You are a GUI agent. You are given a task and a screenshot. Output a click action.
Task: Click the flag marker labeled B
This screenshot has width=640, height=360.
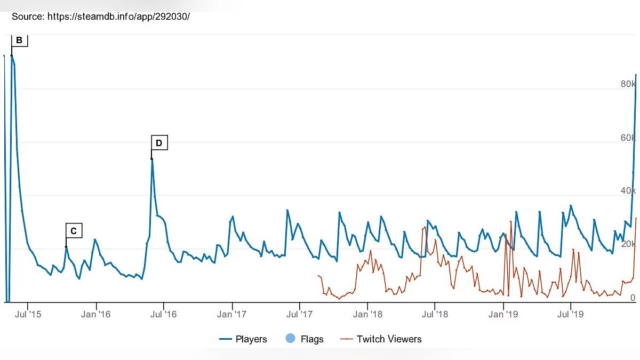19,41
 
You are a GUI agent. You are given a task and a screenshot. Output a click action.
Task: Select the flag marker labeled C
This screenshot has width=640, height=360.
74,231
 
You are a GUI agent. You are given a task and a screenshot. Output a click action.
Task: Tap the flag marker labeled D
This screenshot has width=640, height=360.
159,143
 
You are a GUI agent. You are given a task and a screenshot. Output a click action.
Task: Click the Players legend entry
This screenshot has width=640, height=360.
243,339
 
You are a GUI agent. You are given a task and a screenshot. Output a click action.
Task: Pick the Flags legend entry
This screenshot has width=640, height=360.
305,339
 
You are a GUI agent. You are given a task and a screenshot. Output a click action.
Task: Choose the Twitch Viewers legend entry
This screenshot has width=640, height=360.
382,339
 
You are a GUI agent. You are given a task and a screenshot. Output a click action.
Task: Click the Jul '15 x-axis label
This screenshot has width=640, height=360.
28,314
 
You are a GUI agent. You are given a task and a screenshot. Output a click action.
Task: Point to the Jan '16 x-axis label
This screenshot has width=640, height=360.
96,314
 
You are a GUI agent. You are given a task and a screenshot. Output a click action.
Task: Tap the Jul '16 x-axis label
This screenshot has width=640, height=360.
164,314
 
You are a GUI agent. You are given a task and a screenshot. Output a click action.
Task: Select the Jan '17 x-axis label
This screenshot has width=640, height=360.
233,314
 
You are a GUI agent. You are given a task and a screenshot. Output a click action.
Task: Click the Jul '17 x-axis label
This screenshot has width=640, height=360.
300,314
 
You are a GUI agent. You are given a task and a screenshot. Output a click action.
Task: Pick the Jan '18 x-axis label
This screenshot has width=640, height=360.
369,314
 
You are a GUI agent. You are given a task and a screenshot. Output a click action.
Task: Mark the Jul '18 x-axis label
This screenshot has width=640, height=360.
436,314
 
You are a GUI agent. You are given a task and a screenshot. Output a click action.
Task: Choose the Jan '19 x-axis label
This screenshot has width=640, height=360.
505,314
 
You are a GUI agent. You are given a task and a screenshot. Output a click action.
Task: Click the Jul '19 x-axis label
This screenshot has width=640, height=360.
571,314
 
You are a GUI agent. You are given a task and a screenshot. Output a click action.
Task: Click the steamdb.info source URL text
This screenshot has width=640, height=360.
118,17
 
